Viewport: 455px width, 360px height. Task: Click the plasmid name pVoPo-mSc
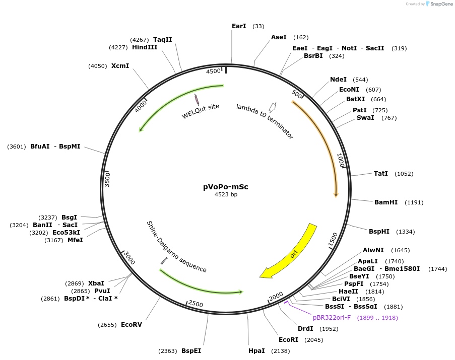click(x=226, y=187)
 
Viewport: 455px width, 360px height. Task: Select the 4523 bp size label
click(x=226, y=194)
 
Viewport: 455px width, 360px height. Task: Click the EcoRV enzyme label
click(x=132, y=325)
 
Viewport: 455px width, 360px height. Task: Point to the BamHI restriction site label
click(x=386, y=202)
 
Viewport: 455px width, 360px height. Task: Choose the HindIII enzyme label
click(x=145, y=47)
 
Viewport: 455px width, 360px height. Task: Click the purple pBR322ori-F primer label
click(x=332, y=318)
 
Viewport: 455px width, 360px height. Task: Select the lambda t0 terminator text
click(x=265, y=121)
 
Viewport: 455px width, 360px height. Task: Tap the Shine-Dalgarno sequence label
click(x=176, y=247)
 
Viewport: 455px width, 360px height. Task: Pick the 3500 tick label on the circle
click(x=107, y=179)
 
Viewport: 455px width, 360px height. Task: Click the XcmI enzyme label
click(x=120, y=66)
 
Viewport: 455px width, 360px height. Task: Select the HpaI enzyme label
click(x=256, y=350)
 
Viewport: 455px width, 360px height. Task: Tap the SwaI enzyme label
click(x=365, y=118)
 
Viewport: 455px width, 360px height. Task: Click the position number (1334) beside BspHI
click(x=406, y=232)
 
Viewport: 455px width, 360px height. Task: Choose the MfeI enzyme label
click(x=75, y=240)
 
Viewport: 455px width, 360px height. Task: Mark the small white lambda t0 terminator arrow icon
click(x=273, y=106)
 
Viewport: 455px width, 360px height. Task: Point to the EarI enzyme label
click(x=239, y=26)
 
